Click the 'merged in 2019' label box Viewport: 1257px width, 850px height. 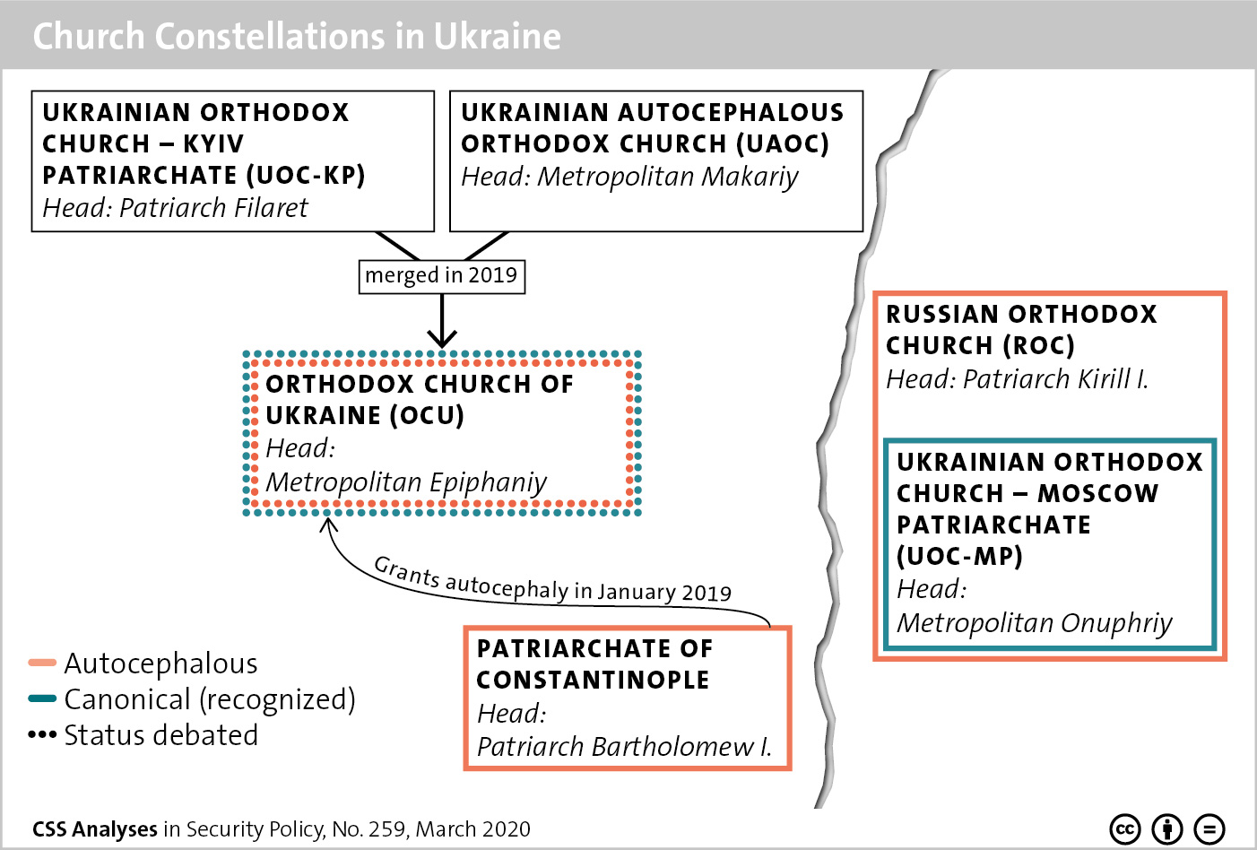(x=441, y=276)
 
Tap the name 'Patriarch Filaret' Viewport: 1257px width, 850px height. (x=213, y=208)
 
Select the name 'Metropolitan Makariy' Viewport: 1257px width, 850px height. (x=668, y=177)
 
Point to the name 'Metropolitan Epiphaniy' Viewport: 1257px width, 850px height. (x=406, y=482)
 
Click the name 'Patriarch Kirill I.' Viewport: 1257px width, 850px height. (x=1055, y=379)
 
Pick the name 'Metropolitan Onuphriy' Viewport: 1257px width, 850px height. (x=1035, y=623)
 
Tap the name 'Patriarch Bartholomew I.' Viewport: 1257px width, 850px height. (x=625, y=747)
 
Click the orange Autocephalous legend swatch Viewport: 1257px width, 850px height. (x=42, y=664)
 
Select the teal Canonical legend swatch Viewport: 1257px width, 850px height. (x=42, y=699)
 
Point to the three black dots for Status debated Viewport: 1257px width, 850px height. (x=42, y=735)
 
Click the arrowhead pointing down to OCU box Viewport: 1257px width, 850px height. (x=442, y=339)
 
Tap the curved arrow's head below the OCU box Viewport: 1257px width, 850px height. (x=329, y=525)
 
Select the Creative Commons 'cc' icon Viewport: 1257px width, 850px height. (x=1125, y=829)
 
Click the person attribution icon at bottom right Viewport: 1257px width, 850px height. (x=1167, y=829)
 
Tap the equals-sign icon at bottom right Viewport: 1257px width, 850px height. (x=1209, y=829)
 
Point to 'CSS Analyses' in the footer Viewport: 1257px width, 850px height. (x=94, y=829)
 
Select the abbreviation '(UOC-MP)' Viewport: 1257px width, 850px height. (x=959, y=557)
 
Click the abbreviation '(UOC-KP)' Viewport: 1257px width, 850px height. (x=306, y=176)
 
